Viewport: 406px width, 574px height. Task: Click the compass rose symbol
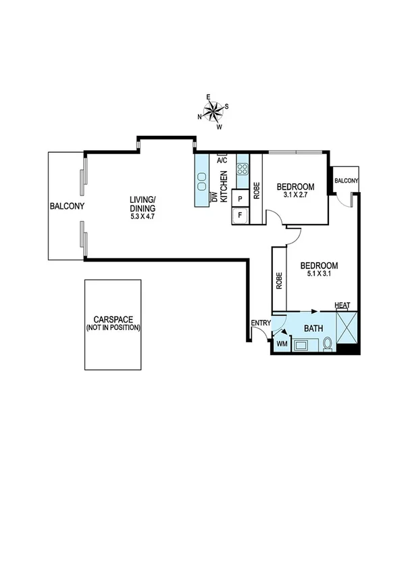(213, 112)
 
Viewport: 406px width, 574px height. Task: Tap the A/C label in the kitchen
(222, 161)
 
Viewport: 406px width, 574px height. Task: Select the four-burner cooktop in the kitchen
(243, 170)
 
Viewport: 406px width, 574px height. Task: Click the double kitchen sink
(202, 181)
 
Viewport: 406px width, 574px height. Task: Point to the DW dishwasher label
(214, 197)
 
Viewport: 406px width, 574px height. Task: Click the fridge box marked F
(238, 216)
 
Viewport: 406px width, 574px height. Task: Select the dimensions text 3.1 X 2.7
(295, 196)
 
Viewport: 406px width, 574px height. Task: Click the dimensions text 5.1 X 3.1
(319, 274)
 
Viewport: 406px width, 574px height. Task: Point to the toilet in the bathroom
(327, 344)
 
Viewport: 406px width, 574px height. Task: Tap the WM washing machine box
(281, 344)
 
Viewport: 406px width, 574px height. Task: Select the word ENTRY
(260, 323)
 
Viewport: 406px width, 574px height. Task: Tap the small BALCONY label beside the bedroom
(347, 181)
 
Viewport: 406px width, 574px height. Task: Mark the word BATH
(313, 329)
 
